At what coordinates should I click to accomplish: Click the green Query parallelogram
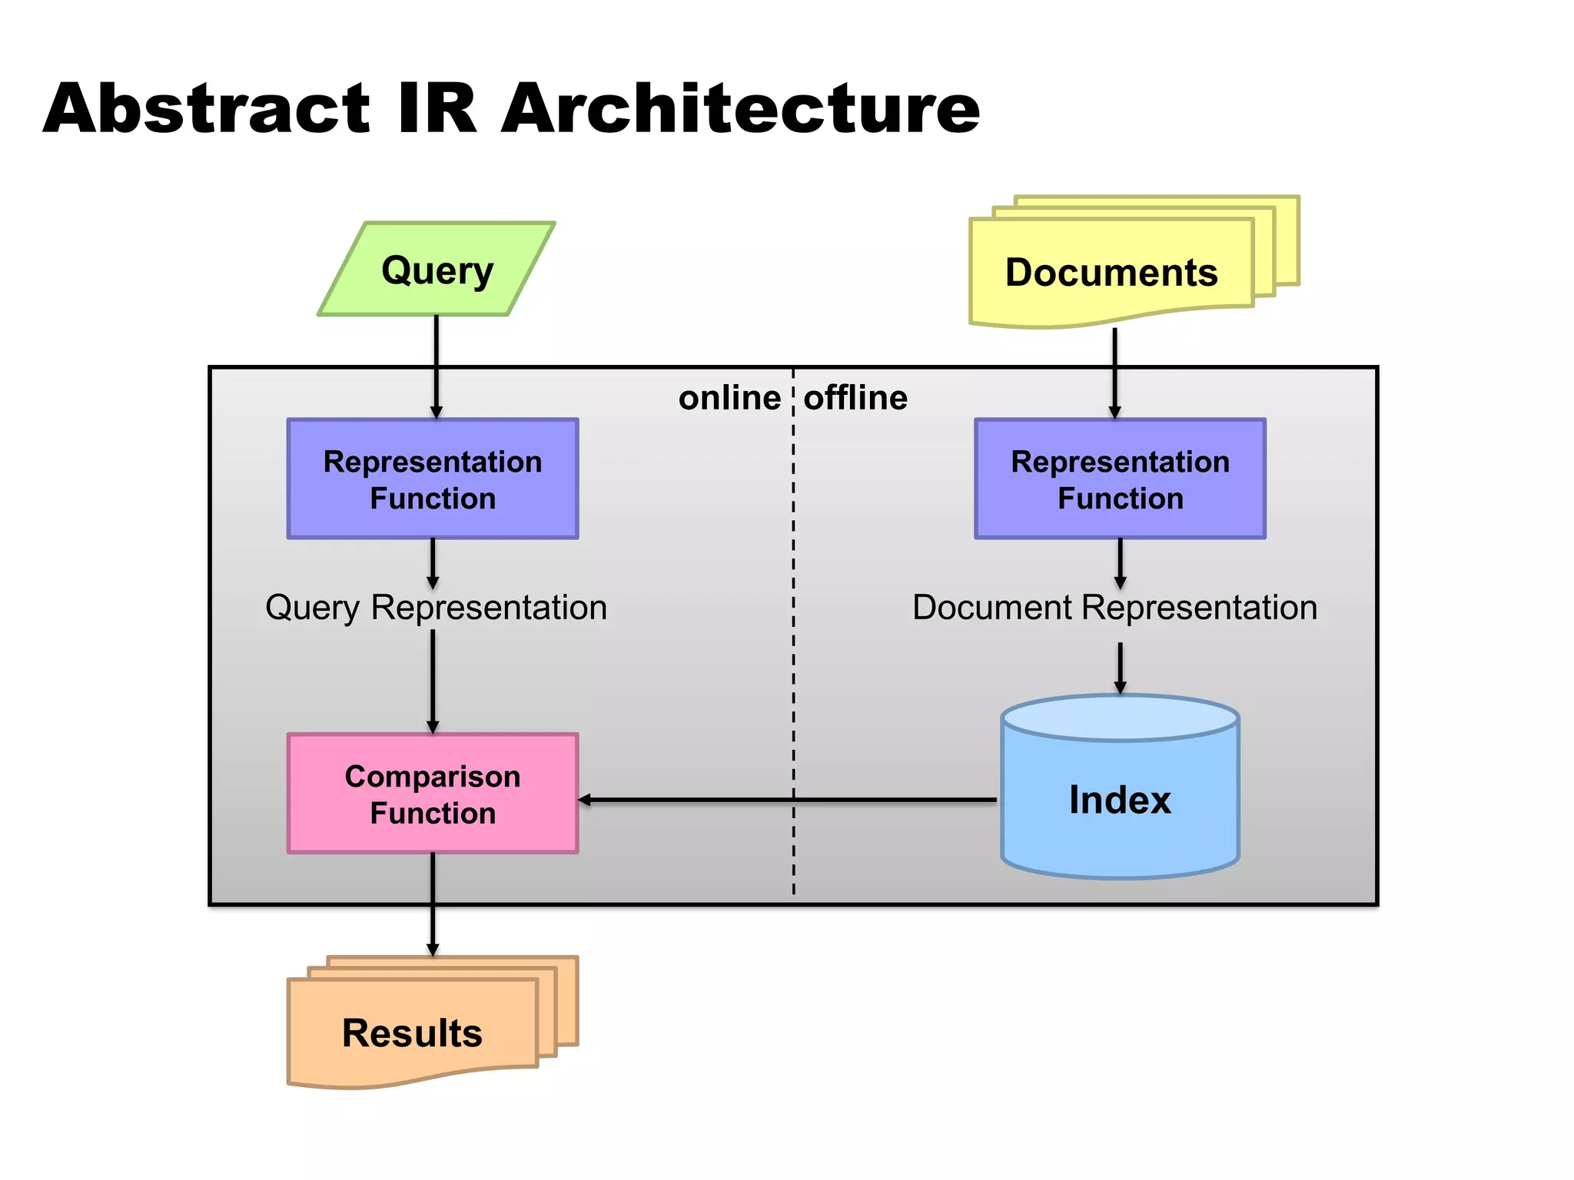pos(436,270)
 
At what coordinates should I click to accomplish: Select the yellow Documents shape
pos(1111,273)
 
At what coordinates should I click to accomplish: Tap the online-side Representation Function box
pos(433,479)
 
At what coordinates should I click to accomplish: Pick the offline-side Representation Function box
pos(1120,479)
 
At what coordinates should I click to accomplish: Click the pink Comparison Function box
pos(433,794)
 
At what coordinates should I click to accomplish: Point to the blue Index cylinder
pos(1120,799)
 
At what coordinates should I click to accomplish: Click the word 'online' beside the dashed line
pos(729,398)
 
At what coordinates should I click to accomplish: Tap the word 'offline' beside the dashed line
pos(855,398)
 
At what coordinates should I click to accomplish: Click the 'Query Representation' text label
pos(436,607)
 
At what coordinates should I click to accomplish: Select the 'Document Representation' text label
pos(1114,607)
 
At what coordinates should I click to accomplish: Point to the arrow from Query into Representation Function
pos(436,366)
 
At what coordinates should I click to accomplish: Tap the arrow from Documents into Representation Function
pos(1114,372)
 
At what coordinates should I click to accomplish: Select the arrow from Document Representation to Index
pos(1120,667)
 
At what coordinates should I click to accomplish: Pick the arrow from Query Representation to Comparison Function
pos(433,680)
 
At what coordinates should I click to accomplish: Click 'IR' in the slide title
pos(437,108)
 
